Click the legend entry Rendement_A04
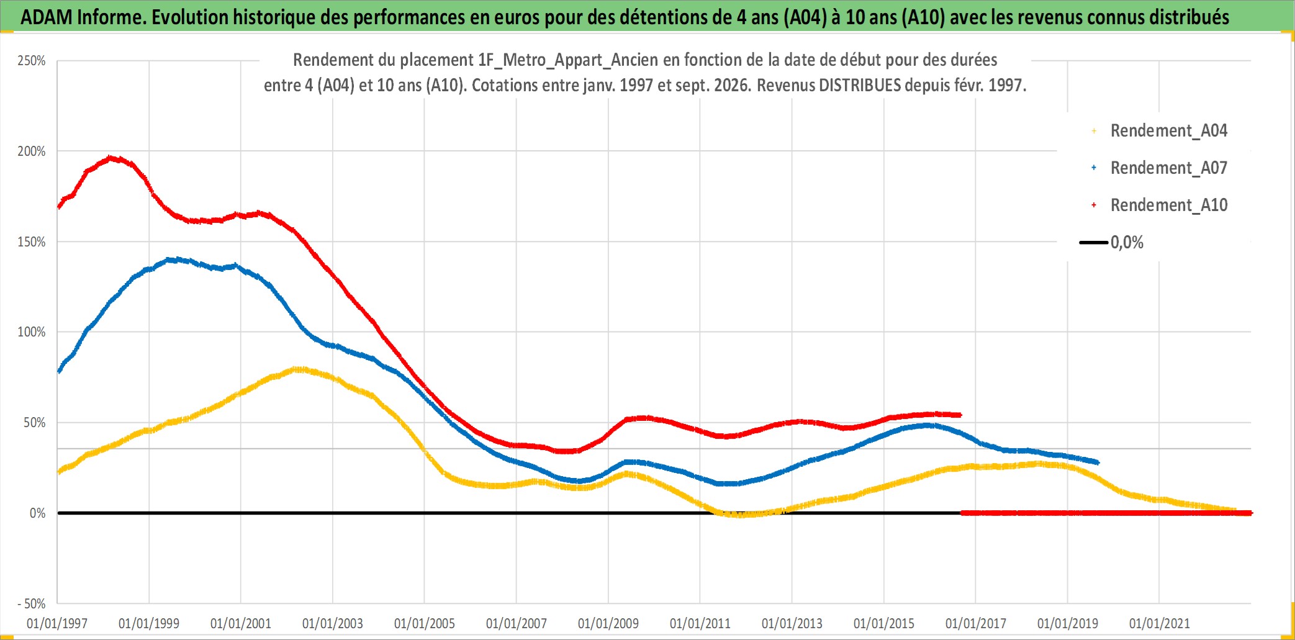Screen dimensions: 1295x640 click(x=1160, y=131)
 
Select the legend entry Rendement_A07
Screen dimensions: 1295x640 click(x=1160, y=168)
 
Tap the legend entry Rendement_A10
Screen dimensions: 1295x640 click(x=1160, y=205)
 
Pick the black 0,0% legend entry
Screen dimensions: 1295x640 click(x=1112, y=243)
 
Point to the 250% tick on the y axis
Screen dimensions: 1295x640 click(x=32, y=61)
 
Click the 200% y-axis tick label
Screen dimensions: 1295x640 click(x=32, y=151)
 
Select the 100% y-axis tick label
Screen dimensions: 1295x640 click(x=32, y=332)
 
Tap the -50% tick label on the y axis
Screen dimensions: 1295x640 click(x=32, y=604)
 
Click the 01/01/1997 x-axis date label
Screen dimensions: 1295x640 click(x=57, y=623)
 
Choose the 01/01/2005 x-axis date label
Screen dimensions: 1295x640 click(x=425, y=623)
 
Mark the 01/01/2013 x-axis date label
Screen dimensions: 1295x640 click(x=792, y=623)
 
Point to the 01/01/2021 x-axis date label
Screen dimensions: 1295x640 click(x=1160, y=623)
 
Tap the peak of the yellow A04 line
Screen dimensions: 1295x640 click(x=298, y=369)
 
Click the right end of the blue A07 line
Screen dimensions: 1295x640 click(x=1098, y=462)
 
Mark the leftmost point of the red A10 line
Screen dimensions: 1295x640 click(x=59, y=207)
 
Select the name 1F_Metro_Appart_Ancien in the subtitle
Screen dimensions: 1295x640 click(x=567, y=60)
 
